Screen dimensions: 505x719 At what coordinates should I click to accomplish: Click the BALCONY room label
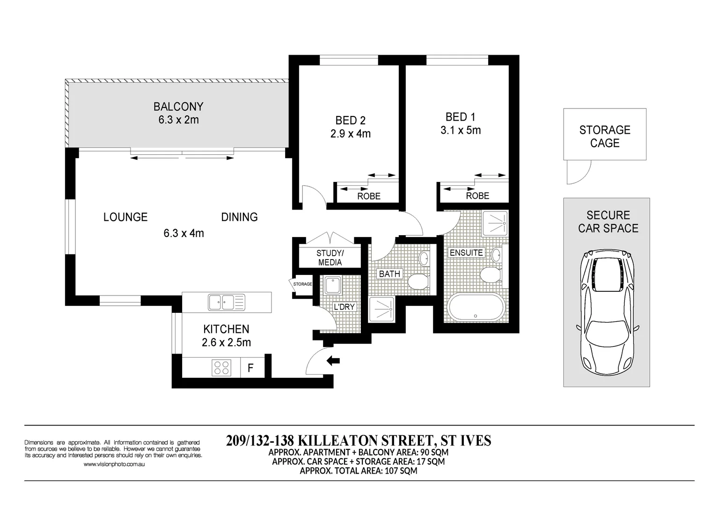click(x=178, y=107)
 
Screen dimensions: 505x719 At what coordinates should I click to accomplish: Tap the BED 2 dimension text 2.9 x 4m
click(x=350, y=134)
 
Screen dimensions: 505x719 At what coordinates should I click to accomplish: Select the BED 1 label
click(x=460, y=117)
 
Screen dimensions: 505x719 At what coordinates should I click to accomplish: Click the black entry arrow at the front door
click(x=333, y=361)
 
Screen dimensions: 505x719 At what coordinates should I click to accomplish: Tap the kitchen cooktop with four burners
click(x=222, y=368)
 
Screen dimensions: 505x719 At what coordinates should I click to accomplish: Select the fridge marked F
click(x=250, y=368)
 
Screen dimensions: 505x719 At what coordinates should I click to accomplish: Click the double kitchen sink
click(x=227, y=303)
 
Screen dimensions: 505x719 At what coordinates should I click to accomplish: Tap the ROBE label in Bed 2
click(x=369, y=196)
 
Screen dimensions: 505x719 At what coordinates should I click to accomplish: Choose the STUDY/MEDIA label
click(x=330, y=258)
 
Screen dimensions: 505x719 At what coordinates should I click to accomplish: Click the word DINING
click(x=239, y=217)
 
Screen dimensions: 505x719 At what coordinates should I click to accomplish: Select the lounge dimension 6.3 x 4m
click(x=183, y=233)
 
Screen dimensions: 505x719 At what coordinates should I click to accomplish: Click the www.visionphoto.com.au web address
click(x=114, y=464)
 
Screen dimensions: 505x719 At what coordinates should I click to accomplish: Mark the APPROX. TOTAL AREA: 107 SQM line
click(x=358, y=471)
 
